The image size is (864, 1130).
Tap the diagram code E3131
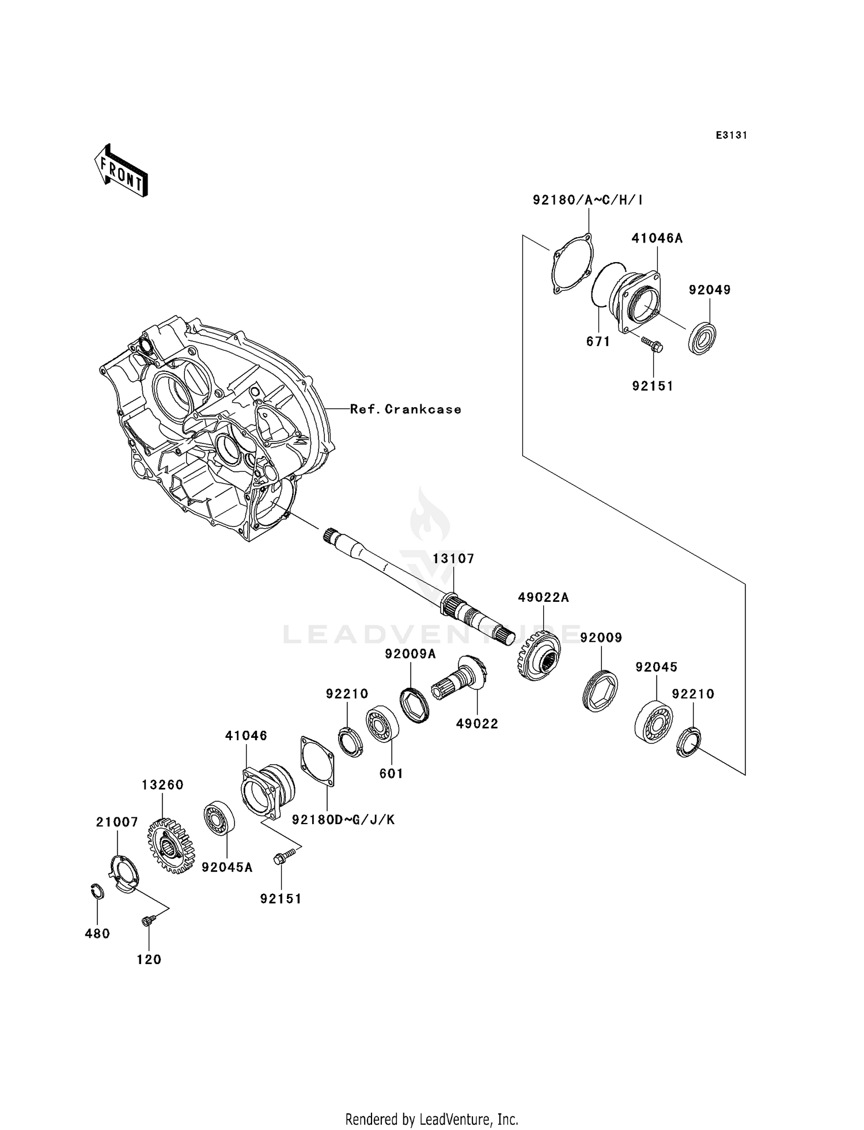pyautogui.click(x=731, y=135)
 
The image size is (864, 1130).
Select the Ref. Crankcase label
pyautogui.click(x=406, y=409)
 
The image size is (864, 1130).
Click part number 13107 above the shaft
pyautogui.click(x=453, y=559)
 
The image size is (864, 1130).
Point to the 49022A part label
pyautogui.click(x=543, y=598)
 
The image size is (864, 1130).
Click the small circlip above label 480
pyautogui.click(x=97, y=890)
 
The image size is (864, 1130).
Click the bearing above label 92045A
pyautogui.click(x=219, y=817)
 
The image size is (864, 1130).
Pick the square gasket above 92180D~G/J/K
pyautogui.click(x=317, y=760)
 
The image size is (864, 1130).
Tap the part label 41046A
pyautogui.click(x=657, y=238)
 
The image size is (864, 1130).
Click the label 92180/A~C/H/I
pyautogui.click(x=588, y=200)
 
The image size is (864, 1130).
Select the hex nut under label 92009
pyautogui.click(x=600, y=691)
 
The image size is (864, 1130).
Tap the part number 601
pyautogui.click(x=391, y=773)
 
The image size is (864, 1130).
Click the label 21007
pyautogui.click(x=117, y=822)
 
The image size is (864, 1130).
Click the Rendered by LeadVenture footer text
pyautogui.click(x=431, y=1119)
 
